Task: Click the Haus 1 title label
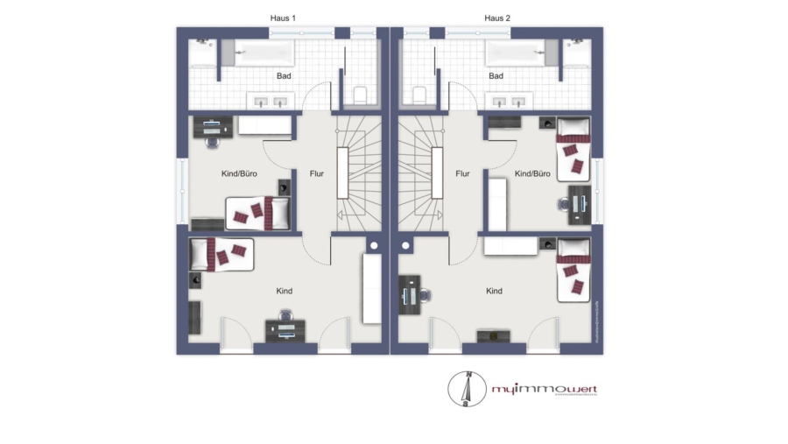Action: pyautogui.click(x=283, y=18)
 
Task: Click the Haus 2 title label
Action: pyautogui.click(x=497, y=18)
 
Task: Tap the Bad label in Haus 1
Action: pyautogui.click(x=284, y=76)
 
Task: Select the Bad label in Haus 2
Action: pyautogui.click(x=496, y=76)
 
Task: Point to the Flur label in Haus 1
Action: pyautogui.click(x=316, y=174)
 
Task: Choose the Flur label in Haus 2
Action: pyautogui.click(x=463, y=174)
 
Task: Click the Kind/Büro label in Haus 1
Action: pyautogui.click(x=238, y=174)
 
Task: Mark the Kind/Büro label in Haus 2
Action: pyautogui.click(x=532, y=174)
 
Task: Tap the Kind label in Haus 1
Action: pyautogui.click(x=284, y=291)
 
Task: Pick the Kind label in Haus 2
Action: pyautogui.click(x=495, y=291)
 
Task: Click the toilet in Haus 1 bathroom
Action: pyautogui.click(x=359, y=93)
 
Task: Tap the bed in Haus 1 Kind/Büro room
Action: pyautogui.click(x=258, y=212)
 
